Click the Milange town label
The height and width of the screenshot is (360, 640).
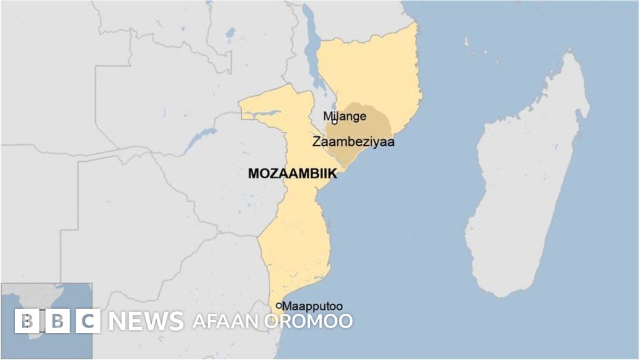(345, 116)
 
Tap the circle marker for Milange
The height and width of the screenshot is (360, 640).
(335, 121)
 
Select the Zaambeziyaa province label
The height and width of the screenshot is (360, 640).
(353, 142)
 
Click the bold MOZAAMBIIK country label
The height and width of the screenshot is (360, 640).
(292, 174)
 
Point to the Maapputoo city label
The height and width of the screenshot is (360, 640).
(312, 306)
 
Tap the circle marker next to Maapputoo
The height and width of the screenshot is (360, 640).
(278, 306)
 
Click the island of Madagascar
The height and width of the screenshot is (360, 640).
(531, 181)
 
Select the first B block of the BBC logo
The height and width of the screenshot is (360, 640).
(26, 321)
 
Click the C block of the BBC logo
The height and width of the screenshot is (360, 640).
(88, 321)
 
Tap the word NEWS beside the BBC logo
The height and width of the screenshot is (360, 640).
(146, 321)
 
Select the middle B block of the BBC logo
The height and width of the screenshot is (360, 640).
(57, 321)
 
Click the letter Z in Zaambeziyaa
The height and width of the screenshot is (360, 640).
(316, 142)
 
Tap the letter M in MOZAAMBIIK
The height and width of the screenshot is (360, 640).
(254, 174)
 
